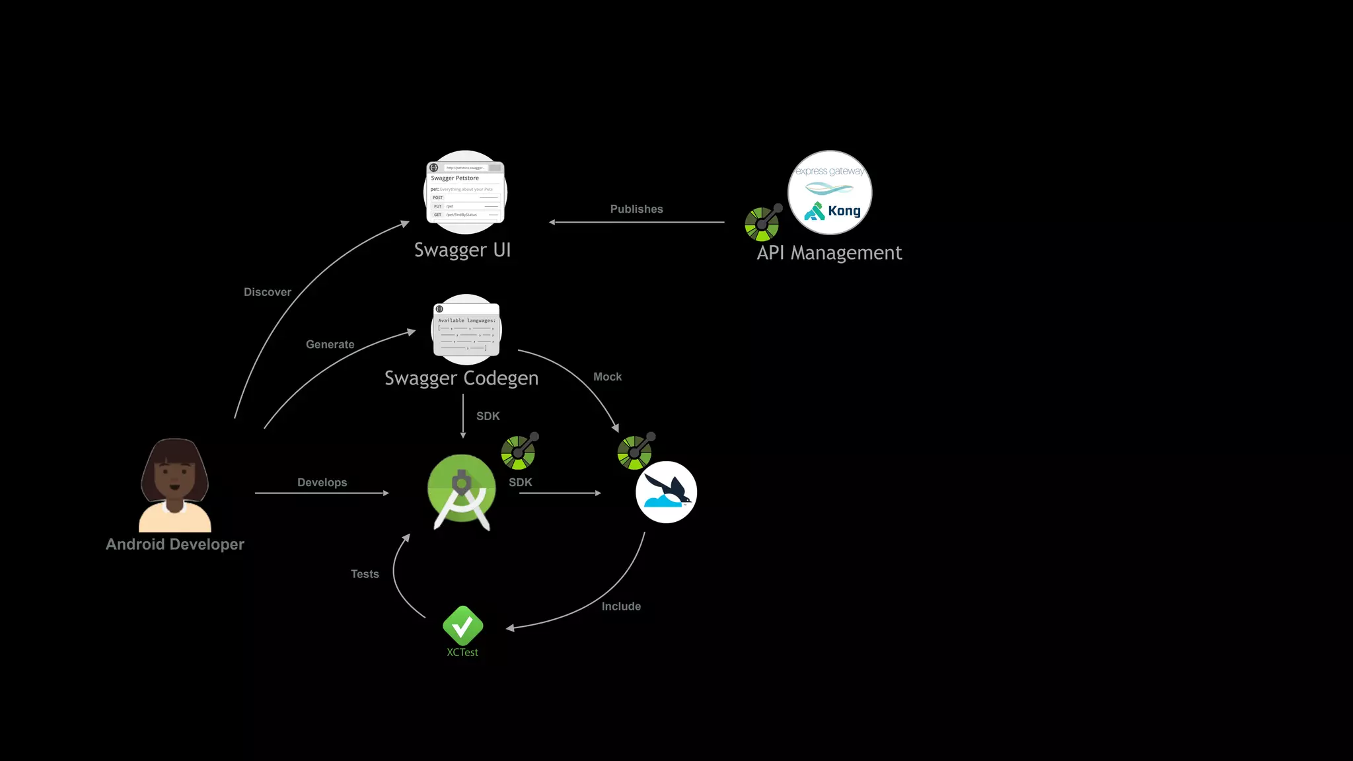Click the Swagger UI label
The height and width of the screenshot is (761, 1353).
(x=462, y=250)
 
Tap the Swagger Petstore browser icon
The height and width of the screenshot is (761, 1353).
(x=465, y=192)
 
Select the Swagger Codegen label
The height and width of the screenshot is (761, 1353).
(x=461, y=378)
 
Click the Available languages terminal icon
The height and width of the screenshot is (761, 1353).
(x=466, y=330)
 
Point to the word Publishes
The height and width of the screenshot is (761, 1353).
(x=636, y=209)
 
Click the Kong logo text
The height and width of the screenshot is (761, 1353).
(x=844, y=211)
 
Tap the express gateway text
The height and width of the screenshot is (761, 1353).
(x=829, y=171)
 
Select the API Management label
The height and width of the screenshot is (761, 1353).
(x=829, y=253)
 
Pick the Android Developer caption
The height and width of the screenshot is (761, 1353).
(x=175, y=544)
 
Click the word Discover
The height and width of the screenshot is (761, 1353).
(x=267, y=292)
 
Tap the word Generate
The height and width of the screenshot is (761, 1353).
(x=330, y=344)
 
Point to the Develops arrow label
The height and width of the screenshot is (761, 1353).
(x=322, y=482)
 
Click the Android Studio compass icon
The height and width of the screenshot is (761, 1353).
(x=461, y=491)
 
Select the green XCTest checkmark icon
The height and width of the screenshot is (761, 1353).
(x=462, y=626)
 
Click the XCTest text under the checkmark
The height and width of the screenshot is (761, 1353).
(x=462, y=653)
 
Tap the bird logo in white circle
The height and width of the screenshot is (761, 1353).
(x=666, y=492)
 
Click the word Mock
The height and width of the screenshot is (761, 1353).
(x=607, y=377)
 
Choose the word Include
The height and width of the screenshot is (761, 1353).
(x=621, y=606)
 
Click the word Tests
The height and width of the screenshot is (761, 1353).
(x=365, y=574)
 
